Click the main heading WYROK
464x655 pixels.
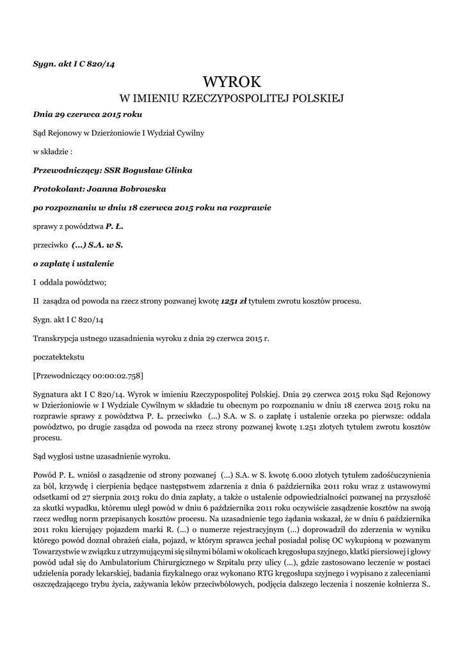(232, 81)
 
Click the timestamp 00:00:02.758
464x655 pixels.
(119, 375)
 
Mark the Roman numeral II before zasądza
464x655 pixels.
(36, 300)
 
